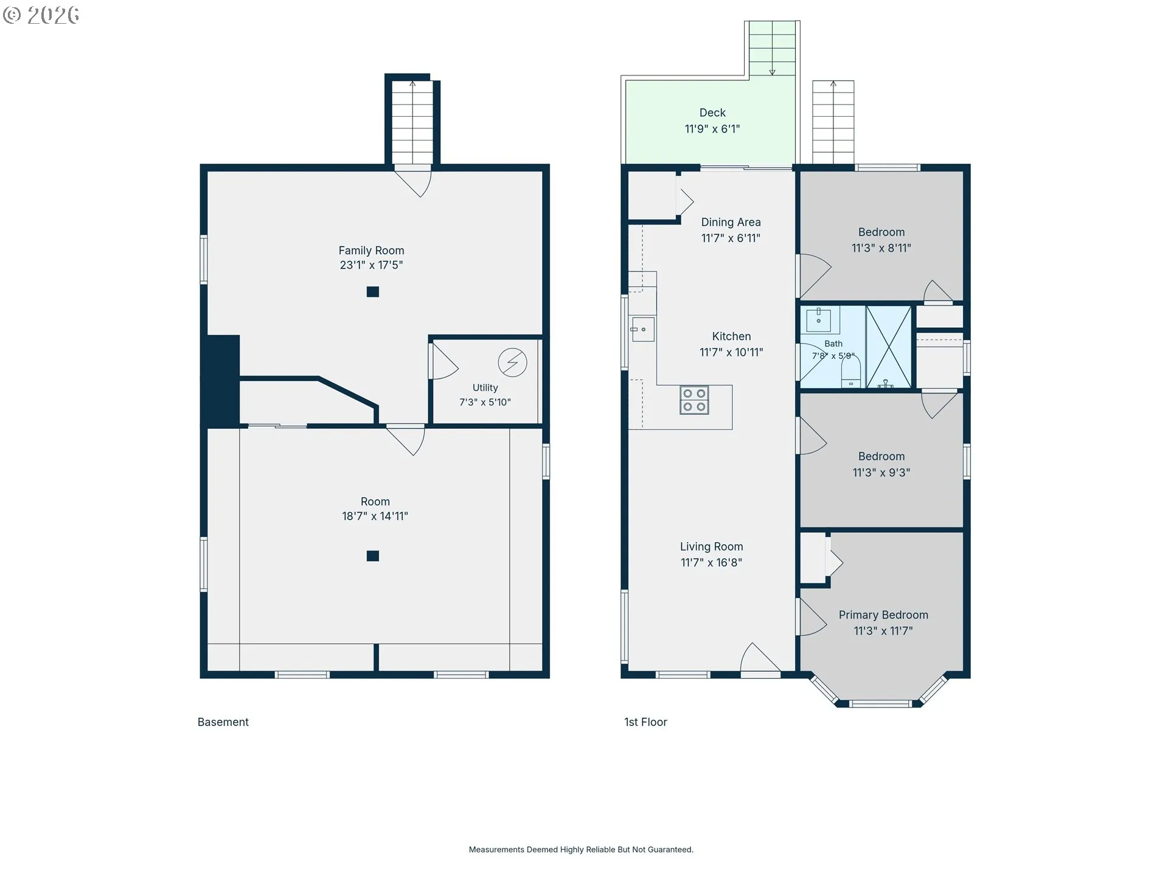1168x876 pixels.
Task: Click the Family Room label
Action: (x=371, y=250)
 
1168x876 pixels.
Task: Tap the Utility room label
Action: (x=485, y=388)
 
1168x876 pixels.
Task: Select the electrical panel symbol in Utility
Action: (x=512, y=363)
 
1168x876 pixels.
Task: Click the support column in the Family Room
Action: (x=373, y=292)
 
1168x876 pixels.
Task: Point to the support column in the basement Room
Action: (x=373, y=556)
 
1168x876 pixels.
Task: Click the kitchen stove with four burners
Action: (x=694, y=400)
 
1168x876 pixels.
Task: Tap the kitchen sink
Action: (x=642, y=329)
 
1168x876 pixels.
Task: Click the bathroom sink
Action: (x=819, y=318)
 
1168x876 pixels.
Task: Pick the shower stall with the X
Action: (x=889, y=347)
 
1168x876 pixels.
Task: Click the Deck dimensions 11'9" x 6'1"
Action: (x=712, y=129)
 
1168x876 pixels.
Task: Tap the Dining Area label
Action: (x=731, y=222)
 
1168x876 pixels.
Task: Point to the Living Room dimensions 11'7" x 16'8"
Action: (x=711, y=563)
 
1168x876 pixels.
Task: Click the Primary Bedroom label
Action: (x=883, y=615)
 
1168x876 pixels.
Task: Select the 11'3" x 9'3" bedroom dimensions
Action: (x=881, y=473)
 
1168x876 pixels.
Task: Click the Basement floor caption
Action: (x=223, y=722)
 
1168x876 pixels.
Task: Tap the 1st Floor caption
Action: (x=645, y=722)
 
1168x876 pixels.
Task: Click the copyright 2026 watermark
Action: (x=41, y=15)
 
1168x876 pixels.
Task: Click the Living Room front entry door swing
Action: (x=760, y=658)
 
